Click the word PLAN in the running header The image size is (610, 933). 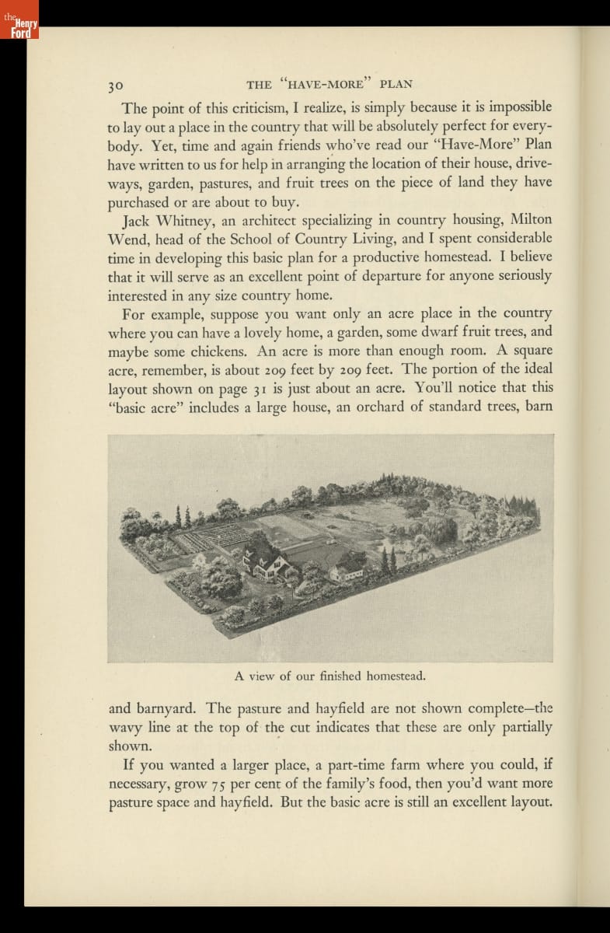point(396,84)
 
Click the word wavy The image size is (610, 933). point(125,728)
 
